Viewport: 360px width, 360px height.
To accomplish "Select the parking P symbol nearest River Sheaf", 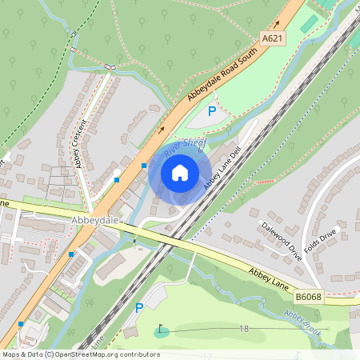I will click(x=211, y=112).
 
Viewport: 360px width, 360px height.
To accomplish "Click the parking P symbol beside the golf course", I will click(x=138, y=307).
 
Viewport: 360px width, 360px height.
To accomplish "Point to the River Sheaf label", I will click(x=183, y=146).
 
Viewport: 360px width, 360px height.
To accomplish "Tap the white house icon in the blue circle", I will click(x=180, y=172).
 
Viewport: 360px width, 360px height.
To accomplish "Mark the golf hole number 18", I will click(x=243, y=329).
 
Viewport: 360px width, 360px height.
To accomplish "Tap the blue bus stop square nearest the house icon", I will click(x=144, y=166).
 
